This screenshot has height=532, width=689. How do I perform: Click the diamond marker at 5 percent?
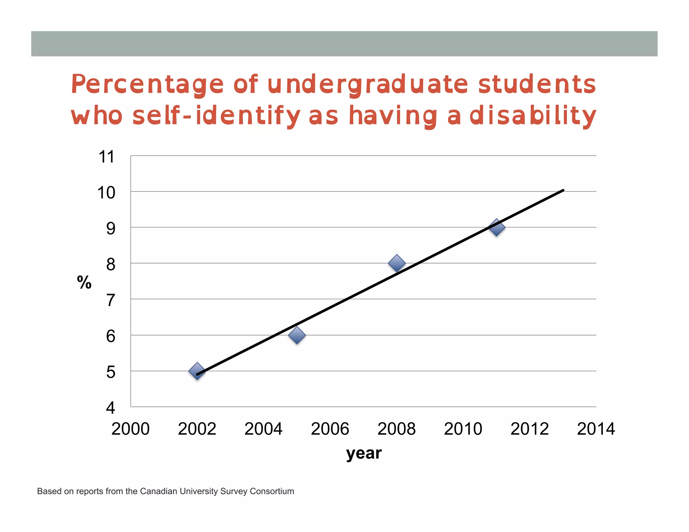(x=197, y=371)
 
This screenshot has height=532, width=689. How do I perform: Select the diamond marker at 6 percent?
(x=297, y=335)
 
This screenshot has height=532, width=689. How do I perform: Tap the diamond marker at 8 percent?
(x=397, y=263)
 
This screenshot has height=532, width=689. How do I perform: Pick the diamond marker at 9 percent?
(x=497, y=227)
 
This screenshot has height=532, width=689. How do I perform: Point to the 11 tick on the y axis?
(x=107, y=157)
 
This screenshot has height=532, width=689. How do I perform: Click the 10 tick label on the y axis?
(x=106, y=193)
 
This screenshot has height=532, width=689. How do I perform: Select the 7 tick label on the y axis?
(x=111, y=300)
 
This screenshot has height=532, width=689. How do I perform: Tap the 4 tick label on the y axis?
(x=111, y=408)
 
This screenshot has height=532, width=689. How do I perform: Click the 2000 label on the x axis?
(x=131, y=429)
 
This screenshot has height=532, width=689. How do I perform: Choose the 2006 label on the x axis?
(x=330, y=429)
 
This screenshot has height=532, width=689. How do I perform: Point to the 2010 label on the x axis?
(x=463, y=429)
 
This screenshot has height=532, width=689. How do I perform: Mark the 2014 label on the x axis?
(x=596, y=429)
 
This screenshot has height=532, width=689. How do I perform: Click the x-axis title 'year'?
(x=364, y=453)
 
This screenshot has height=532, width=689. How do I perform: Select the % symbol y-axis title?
(x=84, y=282)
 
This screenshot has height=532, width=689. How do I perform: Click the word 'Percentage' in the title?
(x=147, y=84)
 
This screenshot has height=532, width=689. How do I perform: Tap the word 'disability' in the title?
(x=533, y=115)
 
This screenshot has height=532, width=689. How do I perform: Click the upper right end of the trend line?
(x=563, y=191)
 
